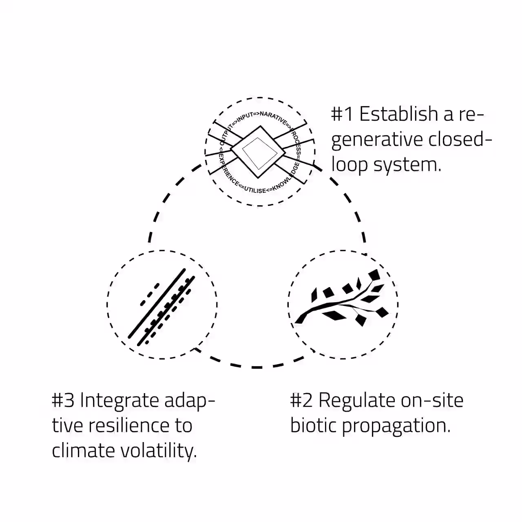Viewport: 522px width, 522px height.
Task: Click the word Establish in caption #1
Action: point(398,114)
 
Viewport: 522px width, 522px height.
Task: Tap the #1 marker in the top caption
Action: point(342,114)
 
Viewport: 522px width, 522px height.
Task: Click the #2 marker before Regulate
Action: point(301,400)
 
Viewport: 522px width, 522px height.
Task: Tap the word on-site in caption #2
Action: point(432,400)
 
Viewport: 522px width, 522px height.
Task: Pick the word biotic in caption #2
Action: point(313,426)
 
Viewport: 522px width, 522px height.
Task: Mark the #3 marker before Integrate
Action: point(63,400)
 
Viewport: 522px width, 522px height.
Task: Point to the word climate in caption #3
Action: point(83,451)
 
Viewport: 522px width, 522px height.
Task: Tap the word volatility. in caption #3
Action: point(159,451)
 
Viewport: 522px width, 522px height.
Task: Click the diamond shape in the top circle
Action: point(258,152)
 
